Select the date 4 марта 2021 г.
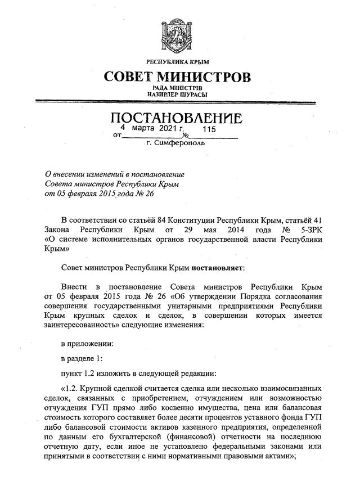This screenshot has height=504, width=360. click(148, 129)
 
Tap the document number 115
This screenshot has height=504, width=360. click(209, 129)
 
